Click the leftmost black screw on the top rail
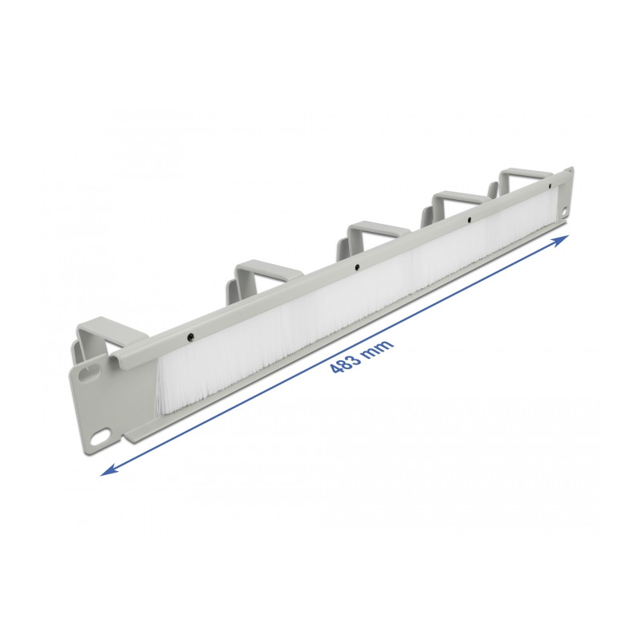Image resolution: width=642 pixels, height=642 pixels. point(190,337)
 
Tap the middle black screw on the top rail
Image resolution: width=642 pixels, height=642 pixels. point(357,266)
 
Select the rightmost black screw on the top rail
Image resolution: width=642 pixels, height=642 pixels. point(470,220)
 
